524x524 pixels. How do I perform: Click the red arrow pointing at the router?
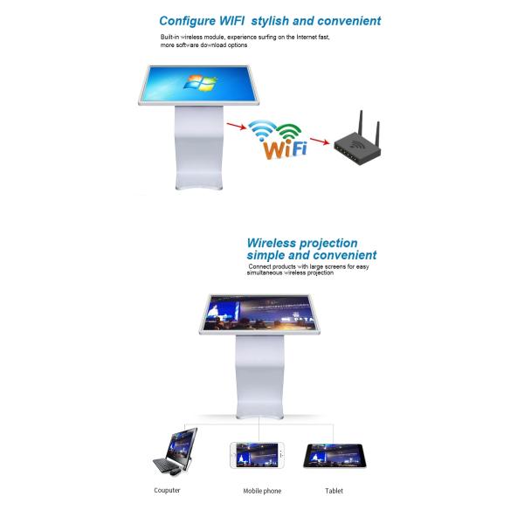[318, 141]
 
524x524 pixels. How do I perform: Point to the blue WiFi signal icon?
[261, 129]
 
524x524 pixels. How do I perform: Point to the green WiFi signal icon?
[290, 131]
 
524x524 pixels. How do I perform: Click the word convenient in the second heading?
[341, 255]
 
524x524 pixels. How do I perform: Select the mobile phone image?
[255, 454]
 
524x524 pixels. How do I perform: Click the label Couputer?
[167, 491]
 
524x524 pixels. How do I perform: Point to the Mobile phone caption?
[262, 491]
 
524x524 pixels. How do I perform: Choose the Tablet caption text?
[334, 491]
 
